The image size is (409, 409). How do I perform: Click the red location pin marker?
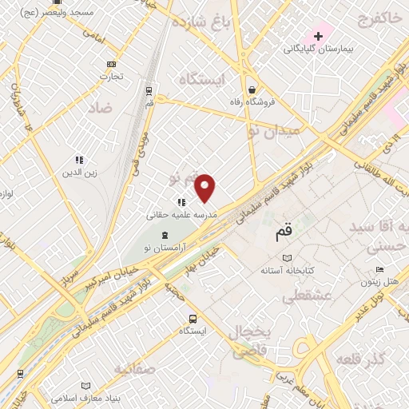pos(205,187)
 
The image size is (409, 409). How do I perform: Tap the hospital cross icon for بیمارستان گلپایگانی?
pos(318,36)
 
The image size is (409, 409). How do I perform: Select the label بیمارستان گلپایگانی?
pos(317,50)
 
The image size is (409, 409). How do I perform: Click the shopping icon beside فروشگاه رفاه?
pos(252,89)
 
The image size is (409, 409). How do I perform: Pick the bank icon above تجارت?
pos(110,65)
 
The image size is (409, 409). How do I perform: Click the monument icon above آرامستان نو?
pos(165,235)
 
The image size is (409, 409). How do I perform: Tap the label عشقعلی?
pos(301,296)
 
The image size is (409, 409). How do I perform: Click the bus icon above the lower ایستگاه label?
pos(192,319)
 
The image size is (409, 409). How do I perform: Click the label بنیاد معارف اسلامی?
pos(84,397)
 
